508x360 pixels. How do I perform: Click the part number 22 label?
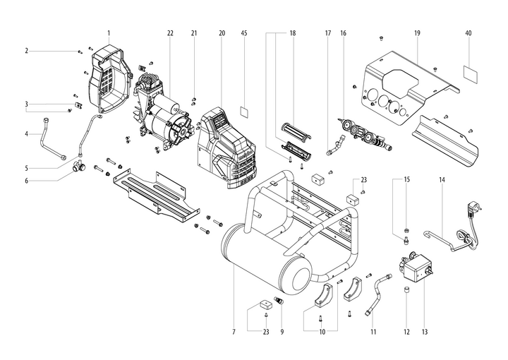[x=170, y=33]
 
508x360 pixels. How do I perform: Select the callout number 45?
[x=243, y=33]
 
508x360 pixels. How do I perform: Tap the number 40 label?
[x=468, y=33]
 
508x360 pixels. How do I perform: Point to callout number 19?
[x=417, y=33]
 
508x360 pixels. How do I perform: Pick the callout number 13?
[x=425, y=331]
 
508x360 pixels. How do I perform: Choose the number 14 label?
[x=442, y=180]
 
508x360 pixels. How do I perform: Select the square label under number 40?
[x=468, y=71]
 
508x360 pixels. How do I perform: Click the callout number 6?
[x=25, y=180]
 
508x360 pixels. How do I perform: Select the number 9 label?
[x=282, y=331]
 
